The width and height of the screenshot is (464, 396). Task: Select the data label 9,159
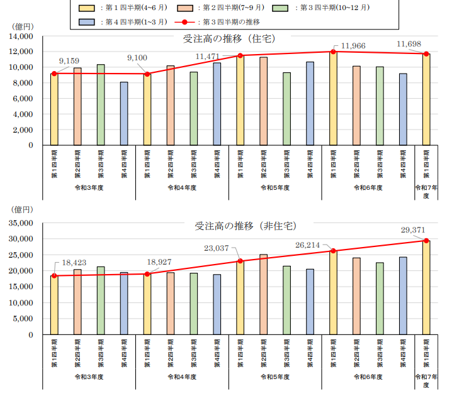click(x=68, y=61)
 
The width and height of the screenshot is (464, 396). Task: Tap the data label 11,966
click(x=353, y=46)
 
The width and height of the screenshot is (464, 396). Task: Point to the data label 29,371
click(x=414, y=230)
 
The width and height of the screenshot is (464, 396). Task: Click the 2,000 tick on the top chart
click(x=25, y=130)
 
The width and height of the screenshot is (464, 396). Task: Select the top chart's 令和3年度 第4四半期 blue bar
click(x=123, y=114)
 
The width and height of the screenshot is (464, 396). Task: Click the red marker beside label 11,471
click(x=240, y=56)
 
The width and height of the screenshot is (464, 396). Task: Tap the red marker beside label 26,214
click(x=333, y=251)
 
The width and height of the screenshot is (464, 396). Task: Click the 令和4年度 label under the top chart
click(x=182, y=187)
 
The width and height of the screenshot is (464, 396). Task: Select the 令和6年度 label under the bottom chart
click(x=368, y=377)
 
